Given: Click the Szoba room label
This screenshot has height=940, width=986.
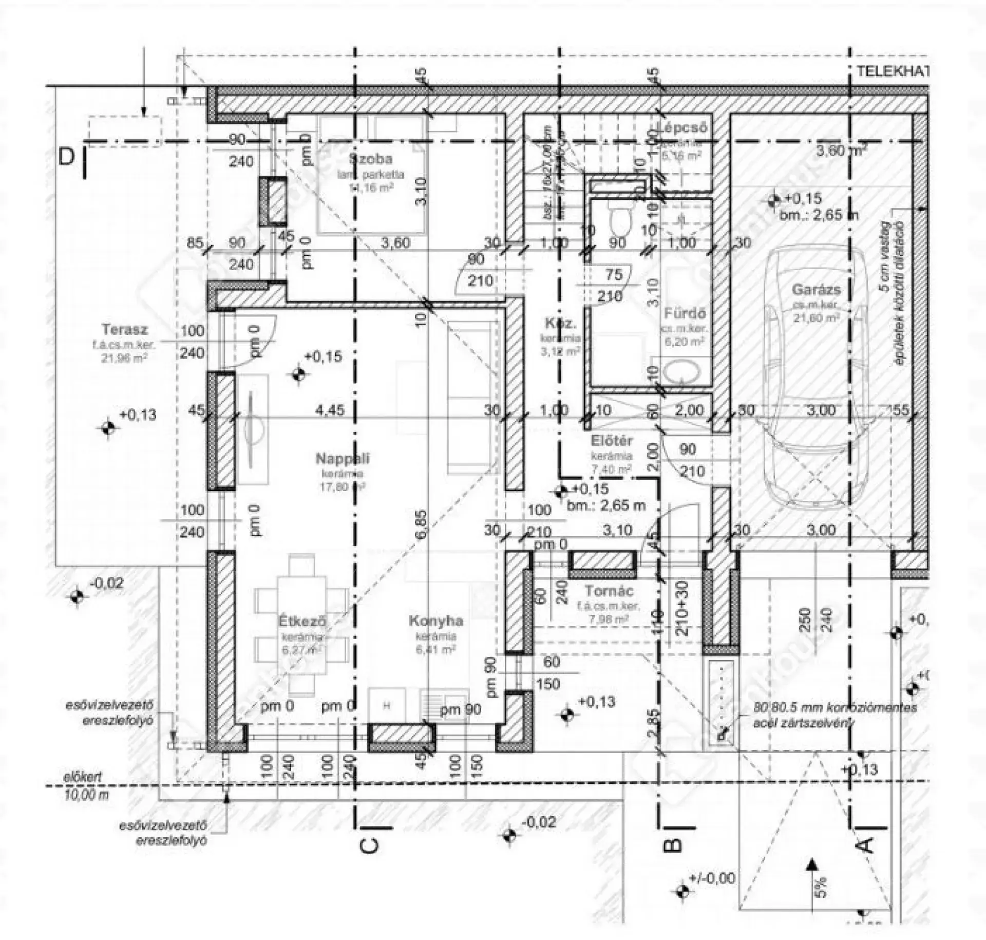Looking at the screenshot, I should click(x=370, y=159).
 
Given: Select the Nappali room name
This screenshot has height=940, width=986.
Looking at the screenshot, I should click(x=342, y=459).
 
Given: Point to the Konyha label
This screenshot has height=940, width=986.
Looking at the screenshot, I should click(x=435, y=621).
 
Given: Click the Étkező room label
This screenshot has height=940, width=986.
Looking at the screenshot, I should click(x=302, y=621).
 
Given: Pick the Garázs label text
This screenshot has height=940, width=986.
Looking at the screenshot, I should click(x=816, y=290).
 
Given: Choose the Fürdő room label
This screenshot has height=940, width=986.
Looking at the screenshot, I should click(x=685, y=313).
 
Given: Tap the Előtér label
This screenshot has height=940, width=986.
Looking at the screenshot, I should click(x=612, y=441).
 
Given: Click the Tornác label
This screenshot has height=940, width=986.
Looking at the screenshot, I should click(x=609, y=591).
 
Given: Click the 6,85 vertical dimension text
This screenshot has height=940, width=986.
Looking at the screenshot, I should click(x=421, y=524).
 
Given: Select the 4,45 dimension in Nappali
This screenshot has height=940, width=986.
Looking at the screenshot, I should click(x=330, y=410).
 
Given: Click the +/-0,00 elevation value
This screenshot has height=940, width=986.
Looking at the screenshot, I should click(x=713, y=878).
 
